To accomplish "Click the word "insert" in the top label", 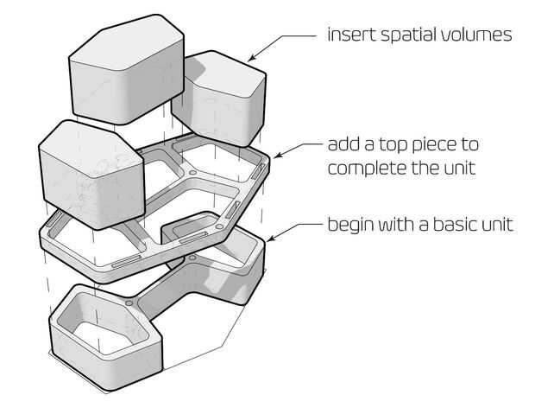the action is (351, 35).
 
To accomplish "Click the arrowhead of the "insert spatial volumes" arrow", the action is (251, 59).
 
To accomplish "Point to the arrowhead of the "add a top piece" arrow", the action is (277, 156).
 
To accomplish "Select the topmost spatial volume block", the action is (127, 69).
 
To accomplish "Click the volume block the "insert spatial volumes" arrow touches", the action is (218, 99).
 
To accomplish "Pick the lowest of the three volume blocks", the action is (91, 175).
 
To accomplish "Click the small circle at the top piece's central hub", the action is (192, 173).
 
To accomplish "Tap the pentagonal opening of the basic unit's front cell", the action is (103, 325).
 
